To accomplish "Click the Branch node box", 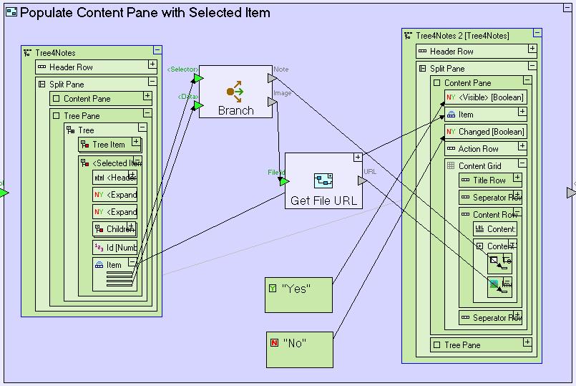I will (x=235, y=92).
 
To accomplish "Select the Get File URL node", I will (x=321, y=180).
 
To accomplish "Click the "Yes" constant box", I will (x=298, y=294).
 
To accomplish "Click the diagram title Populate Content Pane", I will (x=145, y=12).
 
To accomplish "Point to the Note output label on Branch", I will (x=281, y=69).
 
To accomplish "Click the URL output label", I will (x=370, y=172).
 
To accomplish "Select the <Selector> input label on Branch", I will (x=182, y=69).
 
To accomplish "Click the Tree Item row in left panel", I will (x=108, y=145).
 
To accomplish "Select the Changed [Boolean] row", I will (x=485, y=132).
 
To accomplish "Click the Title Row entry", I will (x=489, y=180).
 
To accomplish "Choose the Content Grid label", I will (x=480, y=166).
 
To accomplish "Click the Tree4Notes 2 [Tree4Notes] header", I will (x=462, y=35).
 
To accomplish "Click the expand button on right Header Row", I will (x=532, y=49).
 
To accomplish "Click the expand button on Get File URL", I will (x=357, y=158).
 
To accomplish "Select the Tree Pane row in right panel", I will (x=462, y=345).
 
